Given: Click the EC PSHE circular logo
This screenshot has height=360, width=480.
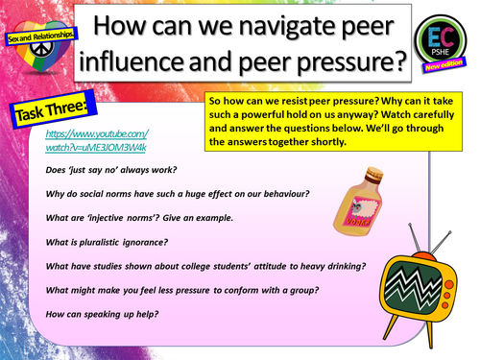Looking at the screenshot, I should coord(441,42).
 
